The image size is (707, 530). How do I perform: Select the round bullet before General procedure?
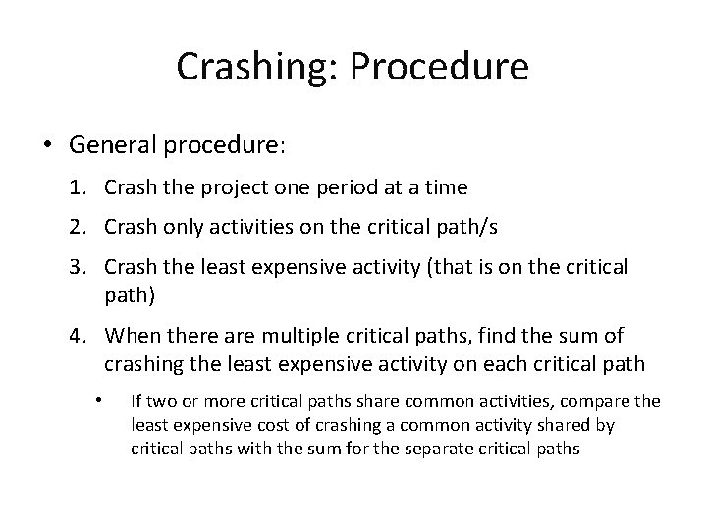pos(50,145)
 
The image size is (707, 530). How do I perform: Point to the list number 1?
pos(77,186)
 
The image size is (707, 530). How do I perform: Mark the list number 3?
pos(77,267)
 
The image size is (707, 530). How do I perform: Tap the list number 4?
pos(77,336)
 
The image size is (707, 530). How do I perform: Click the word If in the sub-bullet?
pos(136,401)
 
